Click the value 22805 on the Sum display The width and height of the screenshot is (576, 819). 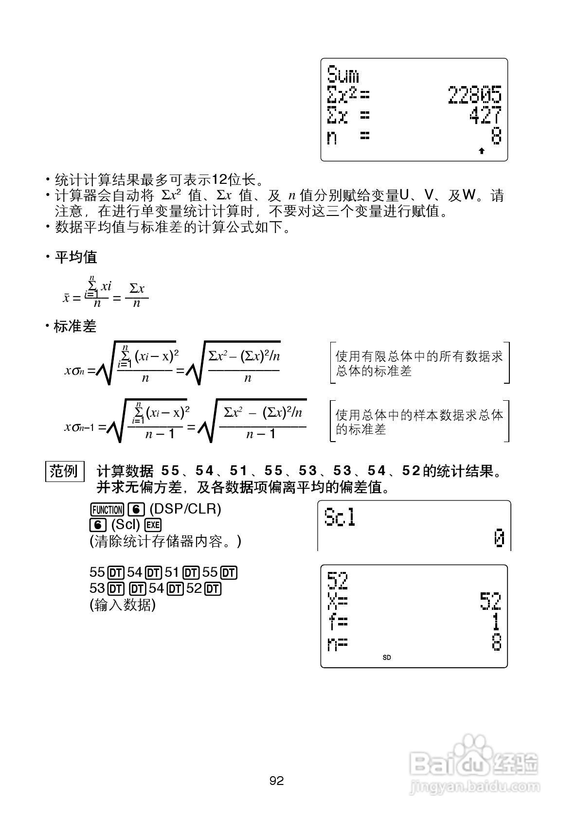(474, 95)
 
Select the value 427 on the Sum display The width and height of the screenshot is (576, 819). (485, 116)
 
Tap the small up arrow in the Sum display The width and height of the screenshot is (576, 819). (482, 151)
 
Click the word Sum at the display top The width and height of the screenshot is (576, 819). (343, 75)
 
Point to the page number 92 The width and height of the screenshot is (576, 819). (276, 781)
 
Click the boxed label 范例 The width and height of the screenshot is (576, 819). (64, 471)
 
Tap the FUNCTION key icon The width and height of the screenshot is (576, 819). (107, 510)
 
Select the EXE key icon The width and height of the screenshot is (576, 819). (153, 525)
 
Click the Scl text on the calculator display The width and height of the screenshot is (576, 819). (340, 517)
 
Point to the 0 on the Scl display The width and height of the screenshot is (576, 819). (499, 539)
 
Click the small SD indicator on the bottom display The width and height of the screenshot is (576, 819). (387, 658)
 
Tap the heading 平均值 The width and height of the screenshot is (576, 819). (76, 257)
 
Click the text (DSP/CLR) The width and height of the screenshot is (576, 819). (185, 509)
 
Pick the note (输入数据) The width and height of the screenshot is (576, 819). (123, 605)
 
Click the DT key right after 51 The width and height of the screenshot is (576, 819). (192, 572)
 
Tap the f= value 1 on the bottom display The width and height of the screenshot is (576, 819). (495, 622)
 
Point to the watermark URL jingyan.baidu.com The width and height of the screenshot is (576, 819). (474, 786)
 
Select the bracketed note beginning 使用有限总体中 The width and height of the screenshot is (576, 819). (419, 363)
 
